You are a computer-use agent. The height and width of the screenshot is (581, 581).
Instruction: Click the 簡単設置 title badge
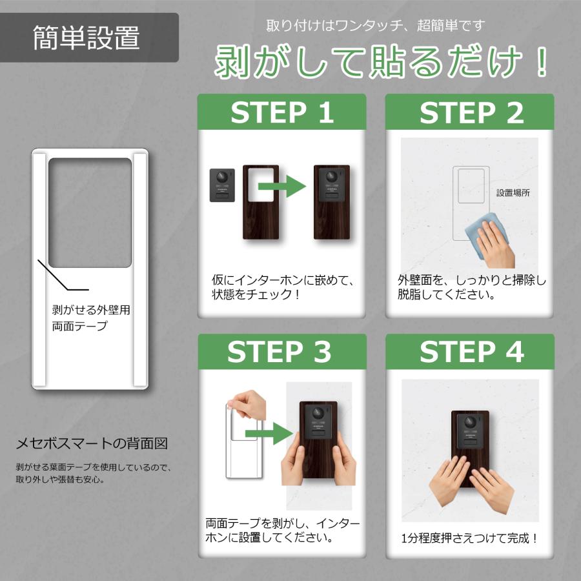(87, 38)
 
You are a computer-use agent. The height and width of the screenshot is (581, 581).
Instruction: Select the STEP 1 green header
(281, 112)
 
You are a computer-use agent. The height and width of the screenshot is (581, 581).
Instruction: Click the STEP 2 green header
(470, 112)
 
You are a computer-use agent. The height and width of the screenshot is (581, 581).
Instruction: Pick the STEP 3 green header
(281, 351)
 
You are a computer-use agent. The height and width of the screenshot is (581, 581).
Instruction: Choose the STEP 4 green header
(470, 351)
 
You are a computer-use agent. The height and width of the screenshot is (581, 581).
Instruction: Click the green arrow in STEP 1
(281, 188)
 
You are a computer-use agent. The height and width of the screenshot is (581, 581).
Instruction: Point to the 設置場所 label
(513, 192)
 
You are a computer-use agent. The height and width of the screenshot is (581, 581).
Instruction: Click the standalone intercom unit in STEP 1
(223, 186)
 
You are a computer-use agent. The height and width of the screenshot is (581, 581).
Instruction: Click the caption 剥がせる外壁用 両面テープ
(90, 318)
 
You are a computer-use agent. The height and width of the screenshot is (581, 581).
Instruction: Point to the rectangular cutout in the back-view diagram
(90, 212)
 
